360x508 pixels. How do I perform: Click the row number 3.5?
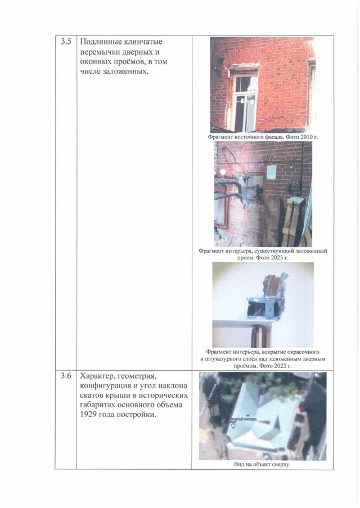click(x=66, y=42)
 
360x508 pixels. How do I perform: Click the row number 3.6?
click(x=66, y=376)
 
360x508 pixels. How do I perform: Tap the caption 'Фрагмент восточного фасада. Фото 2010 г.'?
click(x=263, y=137)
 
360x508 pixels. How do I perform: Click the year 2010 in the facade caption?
click(x=306, y=137)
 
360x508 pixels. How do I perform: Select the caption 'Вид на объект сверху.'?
click(x=263, y=464)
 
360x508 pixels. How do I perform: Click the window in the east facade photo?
click(x=246, y=102)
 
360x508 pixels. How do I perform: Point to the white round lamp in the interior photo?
click(x=223, y=172)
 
